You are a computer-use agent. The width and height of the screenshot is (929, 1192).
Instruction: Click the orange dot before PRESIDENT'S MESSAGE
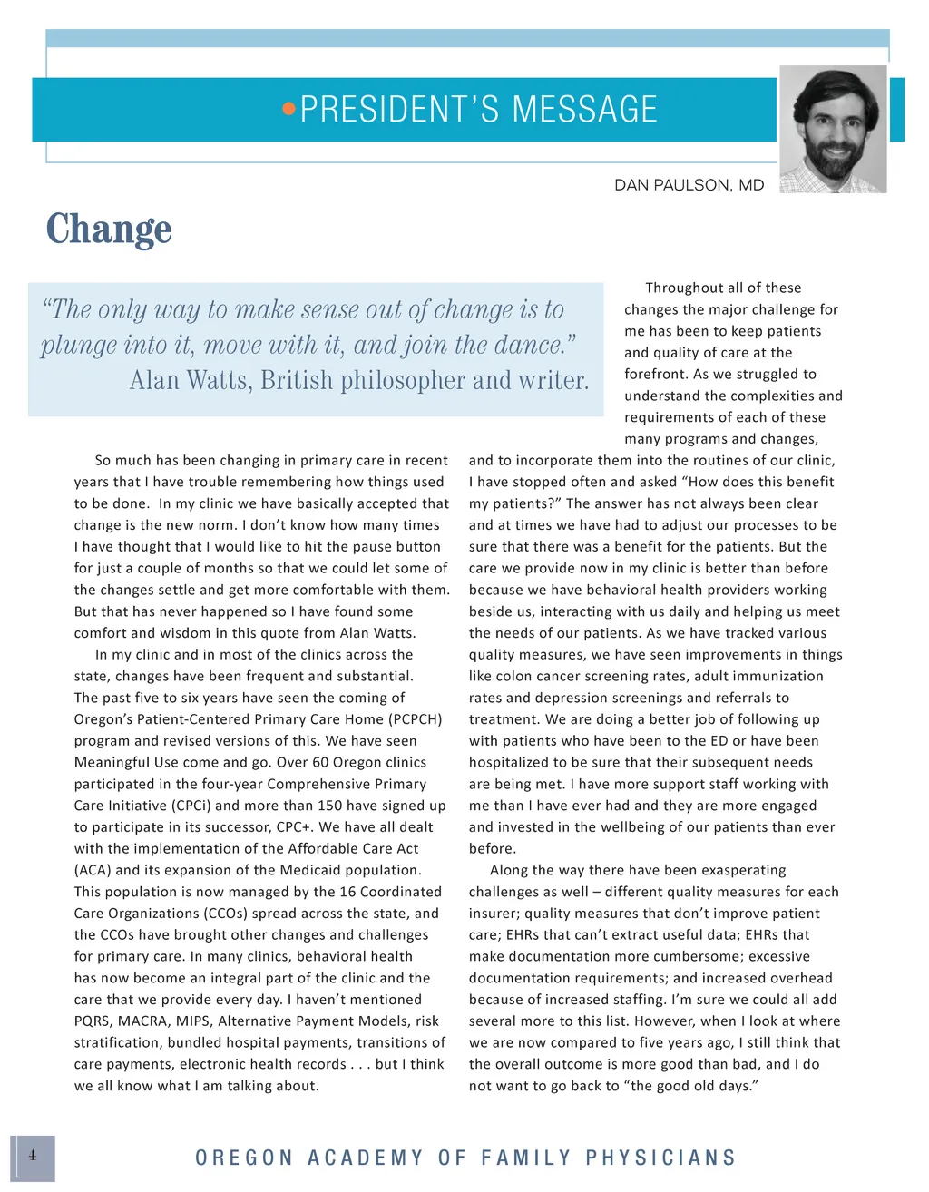[x=288, y=110]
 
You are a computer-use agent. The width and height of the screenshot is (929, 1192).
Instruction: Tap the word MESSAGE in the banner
[x=584, y=110]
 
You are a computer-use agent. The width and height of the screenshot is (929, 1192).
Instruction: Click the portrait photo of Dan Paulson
[x=833, y=128]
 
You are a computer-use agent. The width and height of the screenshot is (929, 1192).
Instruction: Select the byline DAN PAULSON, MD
[x=689, y=185]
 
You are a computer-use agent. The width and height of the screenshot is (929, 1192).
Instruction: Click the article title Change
[x=109, y=229]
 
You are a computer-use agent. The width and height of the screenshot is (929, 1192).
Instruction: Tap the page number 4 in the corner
[x=33, y=1156]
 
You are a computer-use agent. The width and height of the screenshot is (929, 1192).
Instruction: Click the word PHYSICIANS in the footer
[x=660, y=1158]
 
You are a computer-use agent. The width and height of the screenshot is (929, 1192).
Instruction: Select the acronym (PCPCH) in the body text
[x=414, y=719]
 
